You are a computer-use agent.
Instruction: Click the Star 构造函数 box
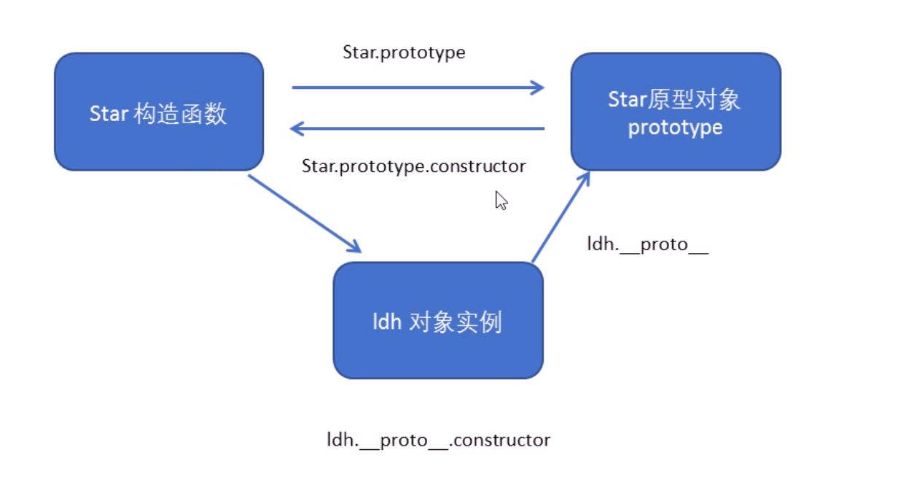coord(159,112)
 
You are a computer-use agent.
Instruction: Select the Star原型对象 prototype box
coord(676,112)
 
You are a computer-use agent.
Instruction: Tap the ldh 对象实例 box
coord(437,320)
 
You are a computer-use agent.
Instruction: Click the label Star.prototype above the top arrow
coord(404,53)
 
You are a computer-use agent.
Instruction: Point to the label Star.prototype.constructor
coord(413,166)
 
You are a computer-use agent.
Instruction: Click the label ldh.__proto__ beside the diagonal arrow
coord(647,244)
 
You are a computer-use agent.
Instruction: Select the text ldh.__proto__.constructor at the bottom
coord(438,440)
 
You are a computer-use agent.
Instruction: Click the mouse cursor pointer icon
coord(501,200)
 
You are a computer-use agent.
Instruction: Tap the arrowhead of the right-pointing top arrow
coord(537,88)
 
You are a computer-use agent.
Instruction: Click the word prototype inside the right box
coord(675,128)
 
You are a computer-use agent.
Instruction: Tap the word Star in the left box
coord(109,114)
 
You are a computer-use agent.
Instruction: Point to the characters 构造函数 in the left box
coord(181,114)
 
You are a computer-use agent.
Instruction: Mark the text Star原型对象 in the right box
coord(674,100)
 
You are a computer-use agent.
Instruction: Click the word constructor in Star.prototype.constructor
coord(477,166)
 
